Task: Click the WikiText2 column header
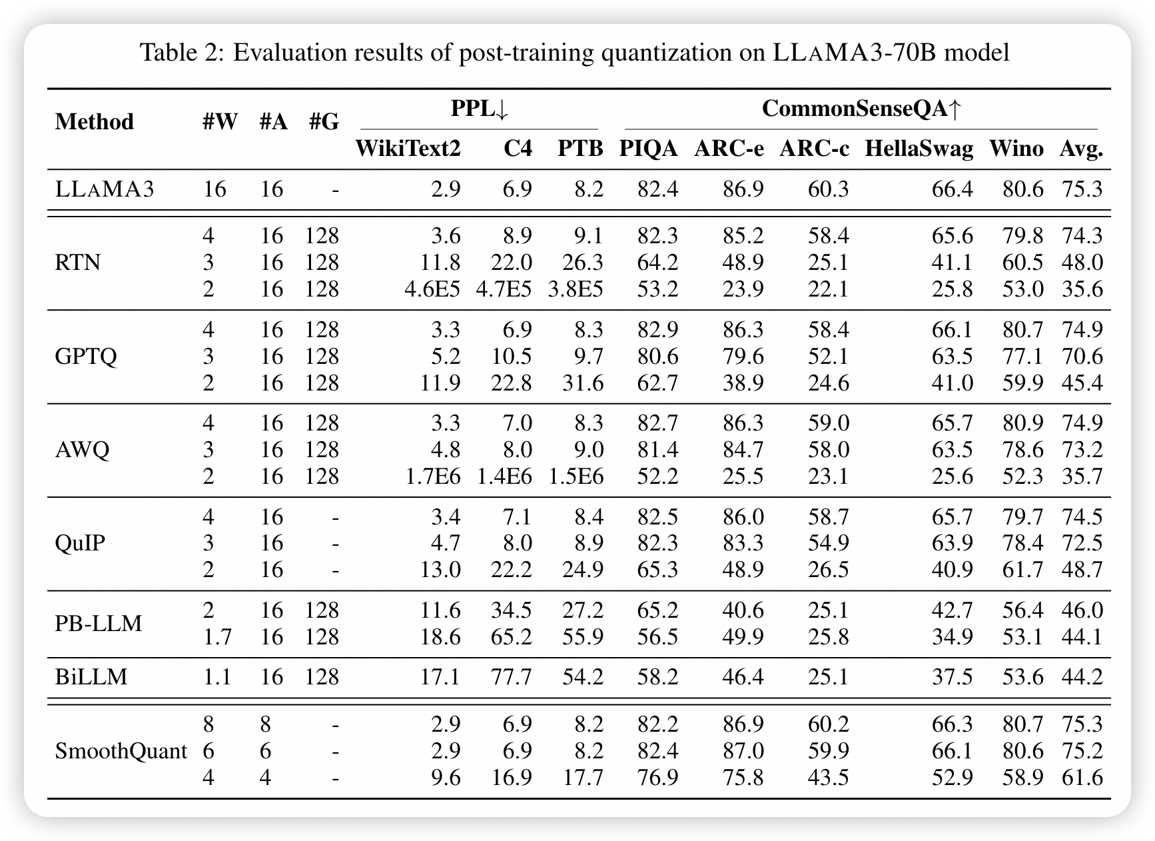(x=408, y=148)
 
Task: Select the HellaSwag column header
(x=919, y=148)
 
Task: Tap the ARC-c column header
(x=814, y=148)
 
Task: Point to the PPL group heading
(x=479, y=109)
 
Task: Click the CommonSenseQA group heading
(x=861, y=109)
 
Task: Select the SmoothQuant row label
(x=121, y=751)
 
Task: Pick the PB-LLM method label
(x=98, y=623)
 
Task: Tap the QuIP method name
(x=80, y=543)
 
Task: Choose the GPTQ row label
(x=85, y=356)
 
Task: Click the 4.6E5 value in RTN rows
(x=432, y=289)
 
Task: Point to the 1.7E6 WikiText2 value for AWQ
(x=432, y=476)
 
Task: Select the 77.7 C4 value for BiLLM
(x=511, y=677)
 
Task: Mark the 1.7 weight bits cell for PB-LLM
(x=216, y=637)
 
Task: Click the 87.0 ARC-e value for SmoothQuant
(x=743, y=751)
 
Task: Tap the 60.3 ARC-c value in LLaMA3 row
(x=828, y=189)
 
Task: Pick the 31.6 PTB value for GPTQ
(x=583, y=383)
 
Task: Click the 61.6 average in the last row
(x=1082, y=778)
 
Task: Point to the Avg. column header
(x=1081, y=148)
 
